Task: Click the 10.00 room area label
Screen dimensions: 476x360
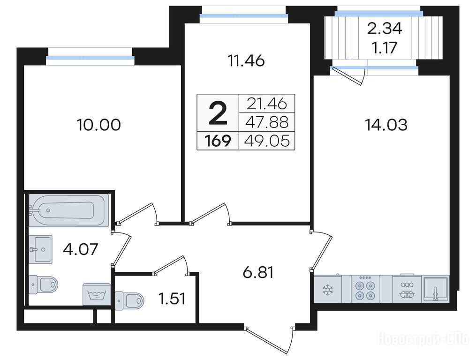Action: [99, 125]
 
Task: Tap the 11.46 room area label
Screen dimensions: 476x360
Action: [246, 61]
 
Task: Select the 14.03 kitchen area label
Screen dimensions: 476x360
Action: [386, 125]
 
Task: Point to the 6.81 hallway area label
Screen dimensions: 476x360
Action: [258, 272]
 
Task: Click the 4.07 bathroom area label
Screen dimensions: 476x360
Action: [81, 249]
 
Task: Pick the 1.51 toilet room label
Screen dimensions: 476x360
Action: [172, 299]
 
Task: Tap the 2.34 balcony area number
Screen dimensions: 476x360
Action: [385, 29]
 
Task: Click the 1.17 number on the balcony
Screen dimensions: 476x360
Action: [385, 48]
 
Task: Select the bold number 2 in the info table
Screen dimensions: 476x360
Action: [218, 113]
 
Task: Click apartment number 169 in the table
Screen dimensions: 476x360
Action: [218, 141]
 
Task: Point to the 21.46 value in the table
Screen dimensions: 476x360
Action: [267, 104]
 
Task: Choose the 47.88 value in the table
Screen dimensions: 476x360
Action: [267, 122]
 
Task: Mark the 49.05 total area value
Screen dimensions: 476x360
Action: [267, 141]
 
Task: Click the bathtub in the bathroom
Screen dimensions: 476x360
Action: [68, 210]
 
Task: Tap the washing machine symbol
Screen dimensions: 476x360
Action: [97, 294]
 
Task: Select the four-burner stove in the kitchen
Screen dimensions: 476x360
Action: [365, 289]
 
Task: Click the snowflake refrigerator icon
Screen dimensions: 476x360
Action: [328, 290]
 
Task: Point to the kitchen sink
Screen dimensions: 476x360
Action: [436, 289]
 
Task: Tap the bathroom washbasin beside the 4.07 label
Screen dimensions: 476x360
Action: [40, 249]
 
